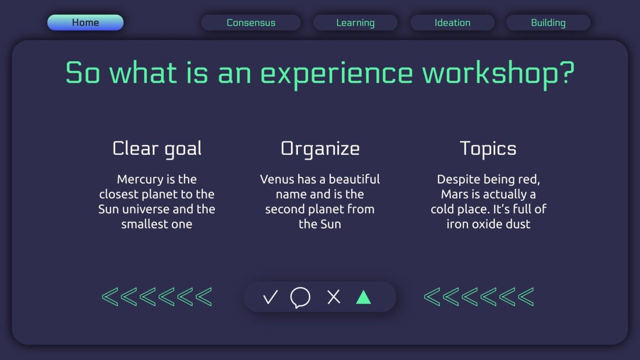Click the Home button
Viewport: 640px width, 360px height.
pos(85,22)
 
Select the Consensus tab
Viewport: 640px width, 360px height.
pos(251,22)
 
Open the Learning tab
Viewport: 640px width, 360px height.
pos(355,22)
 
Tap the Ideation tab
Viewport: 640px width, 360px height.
pos(452,22)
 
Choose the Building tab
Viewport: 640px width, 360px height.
pos(548,22)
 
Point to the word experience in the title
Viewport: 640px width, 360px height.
pos(336,73)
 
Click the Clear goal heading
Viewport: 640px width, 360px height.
pos(157,149)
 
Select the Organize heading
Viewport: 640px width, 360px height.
pos(320,149)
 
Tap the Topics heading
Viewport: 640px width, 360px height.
pos(488,149)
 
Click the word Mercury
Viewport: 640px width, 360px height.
pos(140,179)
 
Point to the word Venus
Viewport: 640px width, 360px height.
pos(277,179)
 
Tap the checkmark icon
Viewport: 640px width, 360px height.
pos(270,297)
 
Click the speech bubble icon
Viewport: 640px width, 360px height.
pos(300,297)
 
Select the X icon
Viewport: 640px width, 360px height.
pos(333,297)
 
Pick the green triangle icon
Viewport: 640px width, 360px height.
pos(364,297)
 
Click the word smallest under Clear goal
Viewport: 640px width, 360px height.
pos(142,224)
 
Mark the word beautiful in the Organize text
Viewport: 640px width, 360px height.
pos(354,179)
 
